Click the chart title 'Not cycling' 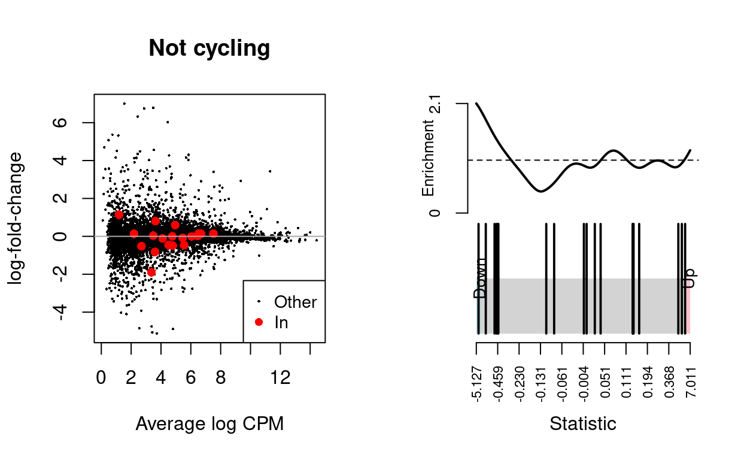[x=209, y=48]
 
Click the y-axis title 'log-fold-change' [x=16, y=218]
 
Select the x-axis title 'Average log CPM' [x=209, y=423]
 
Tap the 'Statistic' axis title [x=582, y=423]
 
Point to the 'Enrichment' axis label [x=428, y=158]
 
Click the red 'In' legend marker [x=259, y=322]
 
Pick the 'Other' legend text [x=295, y=302]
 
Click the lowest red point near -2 [x=151, y=272]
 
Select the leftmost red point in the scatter [x=119, y=215]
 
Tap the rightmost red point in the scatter [x=213, y=233]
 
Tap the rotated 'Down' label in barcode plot [x=480, y=279]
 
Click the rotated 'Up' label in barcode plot [x=691, y=278]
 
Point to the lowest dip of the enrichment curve [x=540, y=191]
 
